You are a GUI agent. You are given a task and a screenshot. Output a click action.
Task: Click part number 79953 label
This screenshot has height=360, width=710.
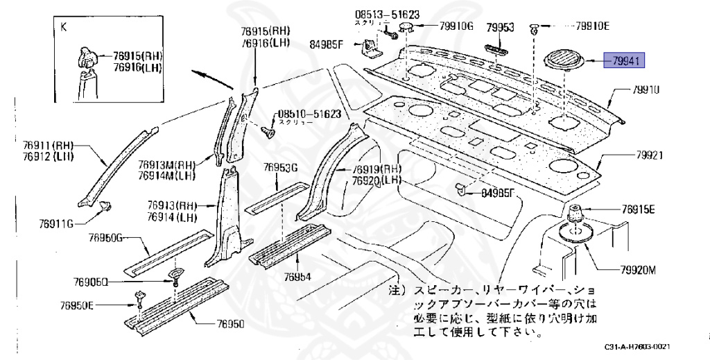499,27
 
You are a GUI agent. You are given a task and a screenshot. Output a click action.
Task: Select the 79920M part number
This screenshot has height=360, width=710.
632,270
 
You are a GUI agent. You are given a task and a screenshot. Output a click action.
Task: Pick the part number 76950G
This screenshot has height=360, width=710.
105,239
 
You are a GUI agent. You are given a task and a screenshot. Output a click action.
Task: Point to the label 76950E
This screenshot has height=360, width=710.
77,305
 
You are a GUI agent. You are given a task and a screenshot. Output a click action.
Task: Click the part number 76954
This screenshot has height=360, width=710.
297,277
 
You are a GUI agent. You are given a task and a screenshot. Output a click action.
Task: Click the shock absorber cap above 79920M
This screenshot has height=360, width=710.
575,213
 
